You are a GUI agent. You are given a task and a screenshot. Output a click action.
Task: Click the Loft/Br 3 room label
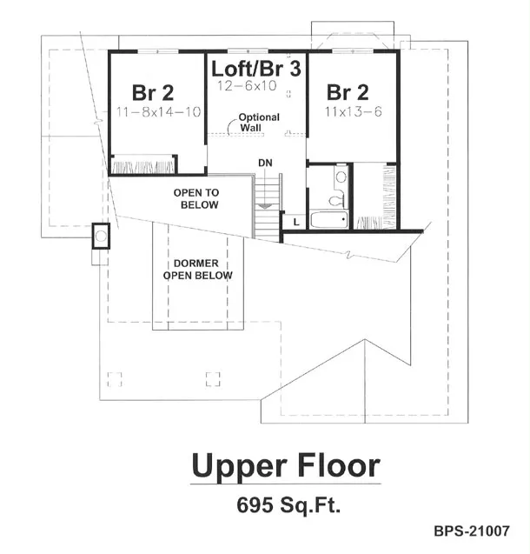(255, 69)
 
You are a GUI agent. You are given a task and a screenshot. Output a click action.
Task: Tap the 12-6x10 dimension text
(247, 86)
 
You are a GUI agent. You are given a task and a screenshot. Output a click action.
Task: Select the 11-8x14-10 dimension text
(158, 112)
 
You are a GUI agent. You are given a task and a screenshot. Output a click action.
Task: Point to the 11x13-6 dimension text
(354, 111)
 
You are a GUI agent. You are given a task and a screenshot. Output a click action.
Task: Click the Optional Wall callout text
(259, 123)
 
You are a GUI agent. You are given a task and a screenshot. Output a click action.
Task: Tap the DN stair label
(265, 163)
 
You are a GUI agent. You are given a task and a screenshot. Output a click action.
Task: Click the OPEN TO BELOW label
(197, 198)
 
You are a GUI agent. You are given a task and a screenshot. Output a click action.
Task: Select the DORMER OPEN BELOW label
(197, 270)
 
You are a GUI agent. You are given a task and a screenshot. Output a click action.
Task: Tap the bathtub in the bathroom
(329, 219)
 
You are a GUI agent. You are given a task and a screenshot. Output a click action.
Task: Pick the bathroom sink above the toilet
(341, 176)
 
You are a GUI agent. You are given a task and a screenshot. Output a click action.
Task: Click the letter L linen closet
(296, 222)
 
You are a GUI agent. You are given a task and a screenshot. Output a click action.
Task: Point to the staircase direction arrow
(264, 205)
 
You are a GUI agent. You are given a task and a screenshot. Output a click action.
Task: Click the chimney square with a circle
(102, 236)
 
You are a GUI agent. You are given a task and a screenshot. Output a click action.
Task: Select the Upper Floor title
(286, 466)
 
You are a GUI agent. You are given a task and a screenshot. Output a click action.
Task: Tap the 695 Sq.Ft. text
(288, 505)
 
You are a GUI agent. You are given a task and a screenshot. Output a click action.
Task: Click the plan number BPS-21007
(472, 531)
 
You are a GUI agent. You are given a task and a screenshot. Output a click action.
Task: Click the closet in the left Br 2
(143, 164)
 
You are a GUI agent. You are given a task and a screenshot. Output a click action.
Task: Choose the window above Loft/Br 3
(248, 51)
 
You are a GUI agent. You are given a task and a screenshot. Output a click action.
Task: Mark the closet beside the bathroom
(375, 197)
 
